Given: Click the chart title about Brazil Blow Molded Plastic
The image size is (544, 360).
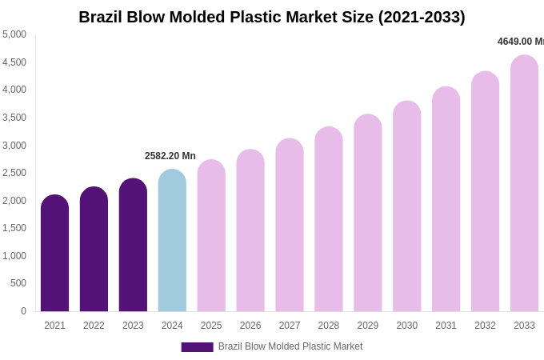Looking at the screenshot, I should [271, 17].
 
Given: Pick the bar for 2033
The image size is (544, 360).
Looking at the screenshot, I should [524, 183].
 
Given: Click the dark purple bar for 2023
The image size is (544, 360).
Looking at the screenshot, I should [133, 245].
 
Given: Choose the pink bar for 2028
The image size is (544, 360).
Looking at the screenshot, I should [329, 219].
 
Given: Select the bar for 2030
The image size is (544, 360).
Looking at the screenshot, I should [406, 206].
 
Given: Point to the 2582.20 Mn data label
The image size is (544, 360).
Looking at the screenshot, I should [170, 156].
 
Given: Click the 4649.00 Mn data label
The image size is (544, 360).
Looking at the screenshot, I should [520, 42].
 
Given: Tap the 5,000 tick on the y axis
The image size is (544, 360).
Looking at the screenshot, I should [14, 34].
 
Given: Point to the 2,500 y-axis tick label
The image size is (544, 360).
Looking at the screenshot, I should [14, 173].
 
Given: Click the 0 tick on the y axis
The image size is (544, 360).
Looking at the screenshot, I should [23, 311].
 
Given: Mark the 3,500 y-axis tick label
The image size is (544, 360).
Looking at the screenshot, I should [14, 118].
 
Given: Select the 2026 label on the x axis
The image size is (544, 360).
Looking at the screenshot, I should [250, 326].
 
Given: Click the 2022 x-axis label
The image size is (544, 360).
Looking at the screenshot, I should [94, 326].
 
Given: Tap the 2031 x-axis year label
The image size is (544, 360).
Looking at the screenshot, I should [446, 326].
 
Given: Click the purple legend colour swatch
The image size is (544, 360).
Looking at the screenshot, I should [197, 347].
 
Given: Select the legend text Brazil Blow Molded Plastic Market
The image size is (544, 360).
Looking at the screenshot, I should [290, 346].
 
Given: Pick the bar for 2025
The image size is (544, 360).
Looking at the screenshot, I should [211, 235].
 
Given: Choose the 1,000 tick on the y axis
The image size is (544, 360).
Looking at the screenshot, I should [14, 256].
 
